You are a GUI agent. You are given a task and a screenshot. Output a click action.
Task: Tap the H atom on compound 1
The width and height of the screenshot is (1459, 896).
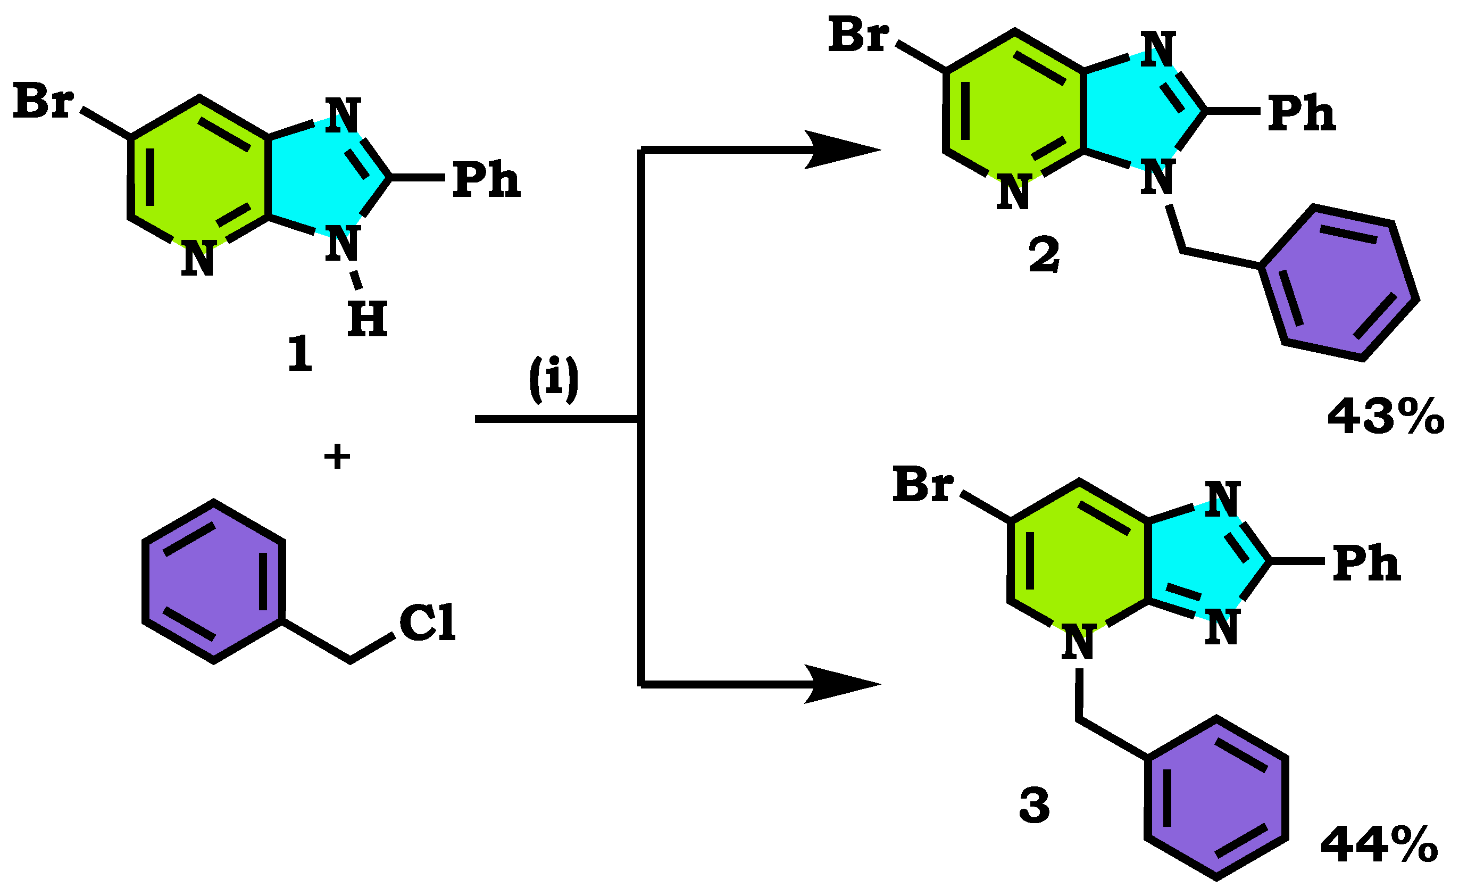[367, 319]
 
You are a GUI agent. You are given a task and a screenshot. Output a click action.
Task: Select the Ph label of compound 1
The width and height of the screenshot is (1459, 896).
[486, 179]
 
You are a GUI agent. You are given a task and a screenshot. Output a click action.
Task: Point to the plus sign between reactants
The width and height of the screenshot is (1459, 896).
[337, 457]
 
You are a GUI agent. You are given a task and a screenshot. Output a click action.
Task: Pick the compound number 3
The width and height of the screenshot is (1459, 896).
[1034, 807]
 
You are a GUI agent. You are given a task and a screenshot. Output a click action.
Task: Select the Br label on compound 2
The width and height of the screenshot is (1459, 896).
[858, 36]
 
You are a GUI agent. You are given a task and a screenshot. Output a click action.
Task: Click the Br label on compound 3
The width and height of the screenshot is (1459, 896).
[923, 485]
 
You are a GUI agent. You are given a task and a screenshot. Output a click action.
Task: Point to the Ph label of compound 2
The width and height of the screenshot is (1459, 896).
[1302, 113]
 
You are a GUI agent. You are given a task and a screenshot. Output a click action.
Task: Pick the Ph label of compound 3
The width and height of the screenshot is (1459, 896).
[1366, 562]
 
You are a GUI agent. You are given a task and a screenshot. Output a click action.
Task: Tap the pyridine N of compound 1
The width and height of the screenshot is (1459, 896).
[198, 259]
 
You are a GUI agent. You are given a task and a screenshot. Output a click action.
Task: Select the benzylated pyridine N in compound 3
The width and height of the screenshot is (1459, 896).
[1078, 642]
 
